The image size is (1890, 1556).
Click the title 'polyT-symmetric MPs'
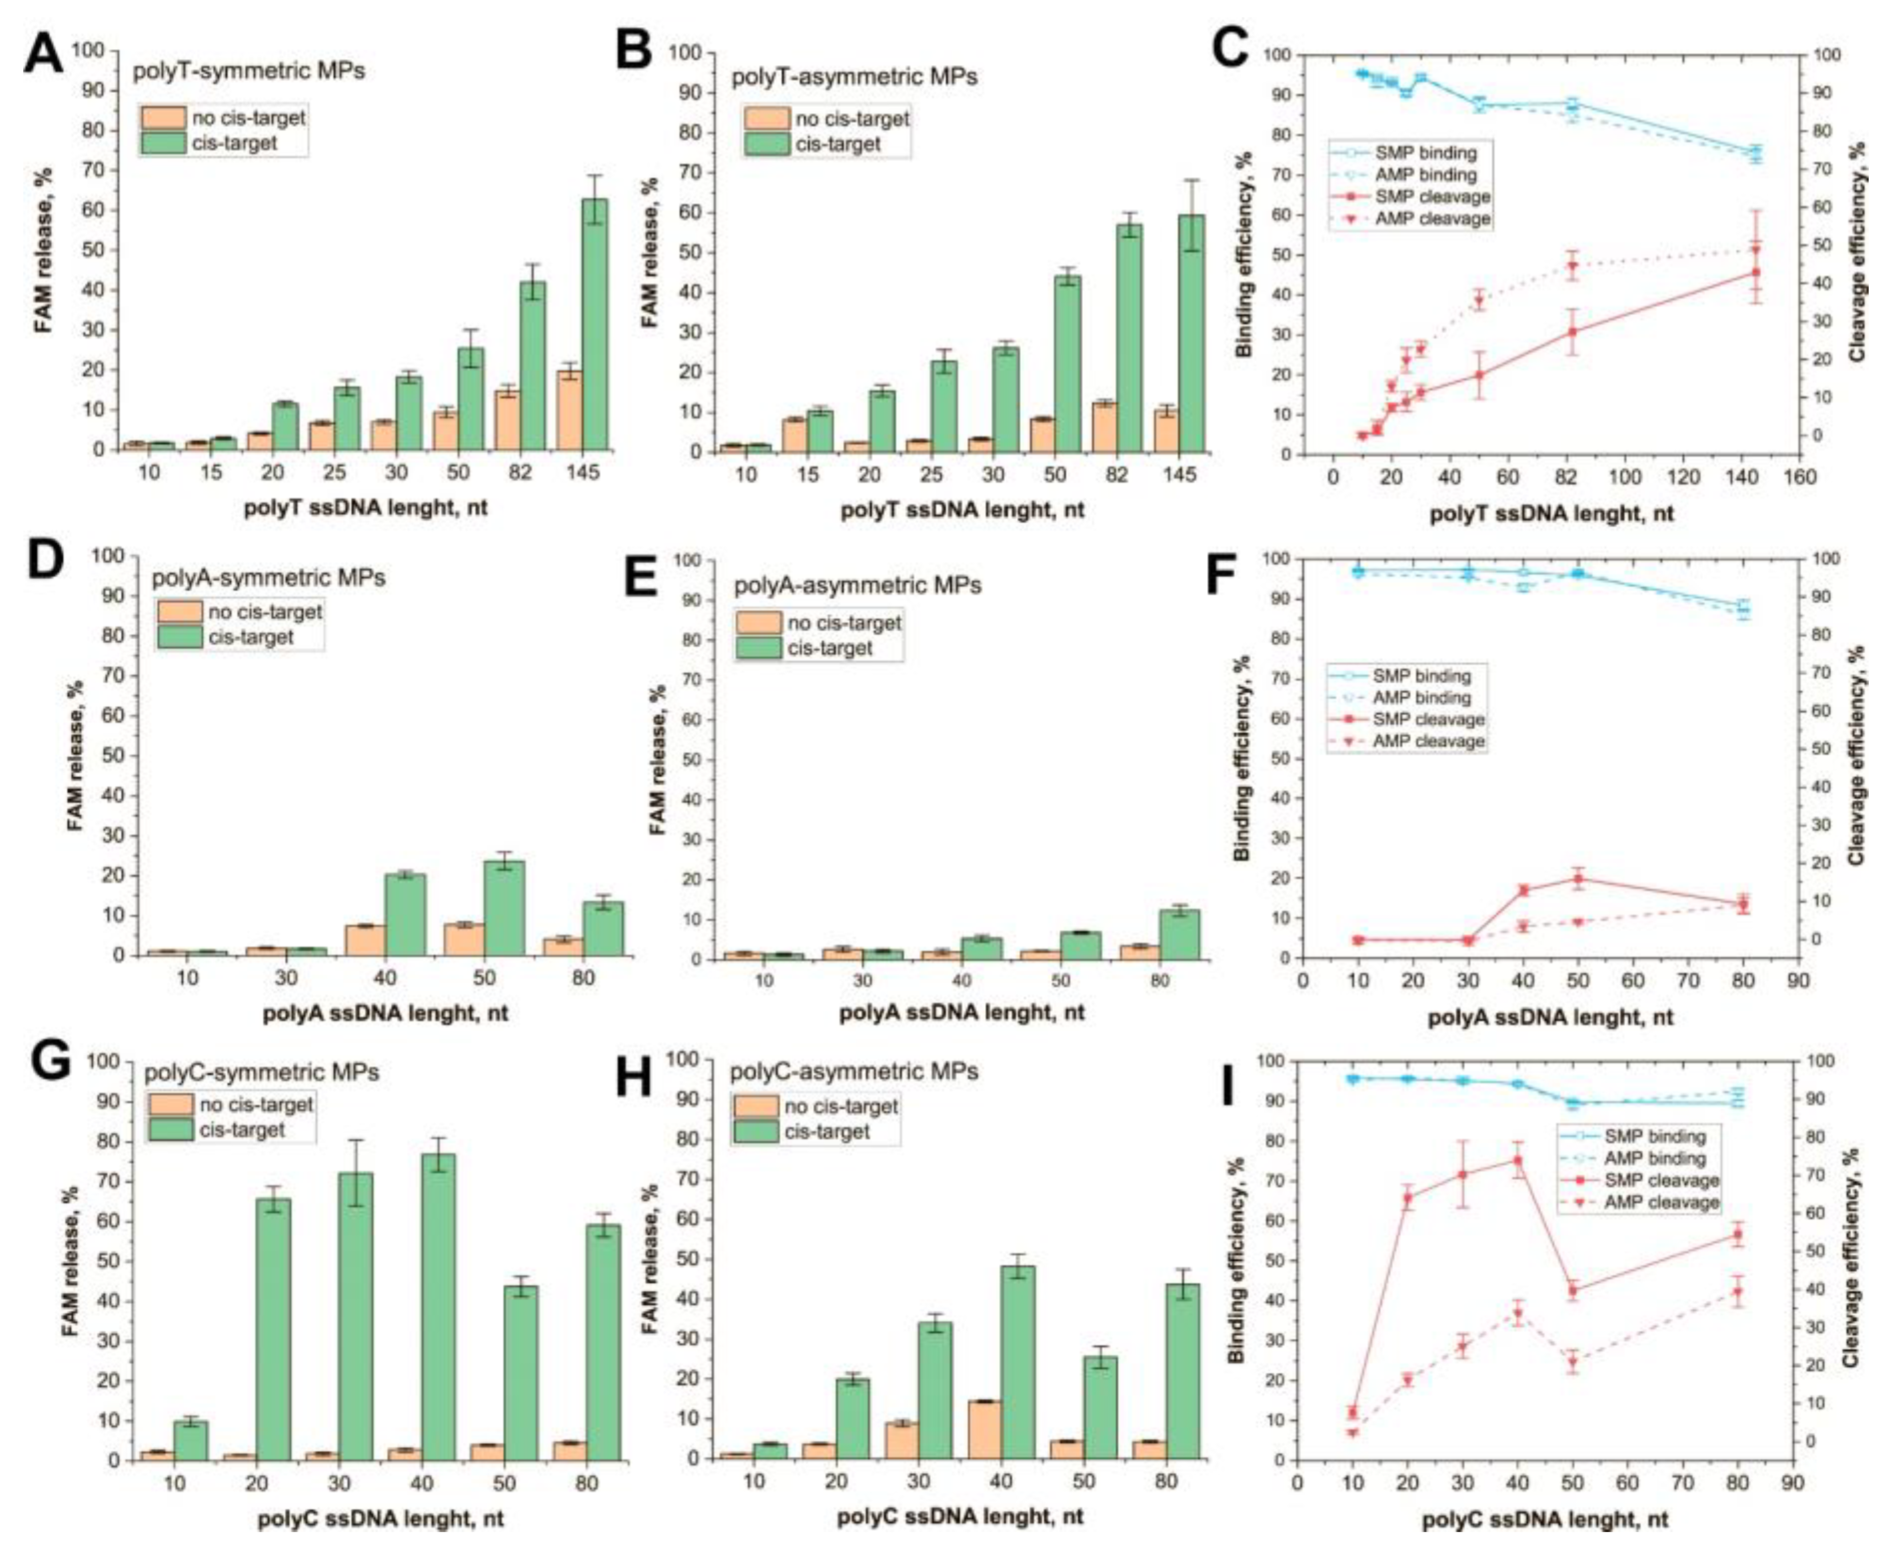249,71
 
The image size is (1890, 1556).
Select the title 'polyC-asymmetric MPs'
854,1072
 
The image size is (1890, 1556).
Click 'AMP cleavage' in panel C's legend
1431,219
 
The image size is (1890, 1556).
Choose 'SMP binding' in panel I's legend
1654,1137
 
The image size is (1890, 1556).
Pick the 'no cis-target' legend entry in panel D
265,612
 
